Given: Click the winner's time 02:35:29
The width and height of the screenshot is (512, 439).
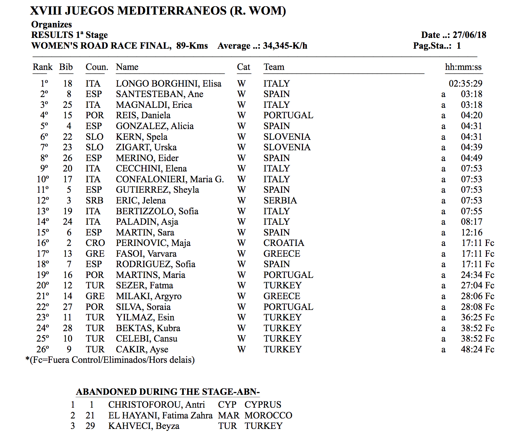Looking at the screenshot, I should coord(465,84).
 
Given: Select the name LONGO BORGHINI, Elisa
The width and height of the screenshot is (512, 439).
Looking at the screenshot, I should coord(168,84).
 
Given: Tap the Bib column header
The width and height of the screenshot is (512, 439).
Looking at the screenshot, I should coord(66,67).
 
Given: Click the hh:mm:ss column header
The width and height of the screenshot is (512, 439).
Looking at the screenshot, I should coord(463,67).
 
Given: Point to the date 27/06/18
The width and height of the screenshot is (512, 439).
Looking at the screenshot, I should coord(469,35).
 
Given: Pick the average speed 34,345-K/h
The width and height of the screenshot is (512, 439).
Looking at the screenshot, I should coord(285,46).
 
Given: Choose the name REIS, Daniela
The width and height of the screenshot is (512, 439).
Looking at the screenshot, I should coord(143,115).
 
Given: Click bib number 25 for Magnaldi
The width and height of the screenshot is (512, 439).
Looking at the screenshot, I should coord(67,105).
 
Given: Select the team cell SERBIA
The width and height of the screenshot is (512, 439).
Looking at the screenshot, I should coord(280,201).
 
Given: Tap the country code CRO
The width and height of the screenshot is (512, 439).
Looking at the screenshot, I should coord(95,243).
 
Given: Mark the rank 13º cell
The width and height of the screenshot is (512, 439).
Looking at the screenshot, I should coord(43,211).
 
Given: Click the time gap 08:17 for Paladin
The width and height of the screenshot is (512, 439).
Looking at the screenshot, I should coord(471,222).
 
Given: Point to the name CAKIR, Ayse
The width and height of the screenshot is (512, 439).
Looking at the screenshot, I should coord(142,350).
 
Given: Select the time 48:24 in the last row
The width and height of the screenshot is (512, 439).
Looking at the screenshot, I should coord(471,350).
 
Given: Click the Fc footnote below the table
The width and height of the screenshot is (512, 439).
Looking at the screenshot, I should coord(110,360).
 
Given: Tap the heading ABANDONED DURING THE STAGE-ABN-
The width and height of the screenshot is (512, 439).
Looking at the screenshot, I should coord(168,392).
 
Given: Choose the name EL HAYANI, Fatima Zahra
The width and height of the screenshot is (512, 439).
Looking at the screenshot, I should coord(160,416).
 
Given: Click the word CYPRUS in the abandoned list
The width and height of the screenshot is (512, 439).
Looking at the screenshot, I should coord(263,405).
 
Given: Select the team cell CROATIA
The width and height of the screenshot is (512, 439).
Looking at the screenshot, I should coord(283,243).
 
